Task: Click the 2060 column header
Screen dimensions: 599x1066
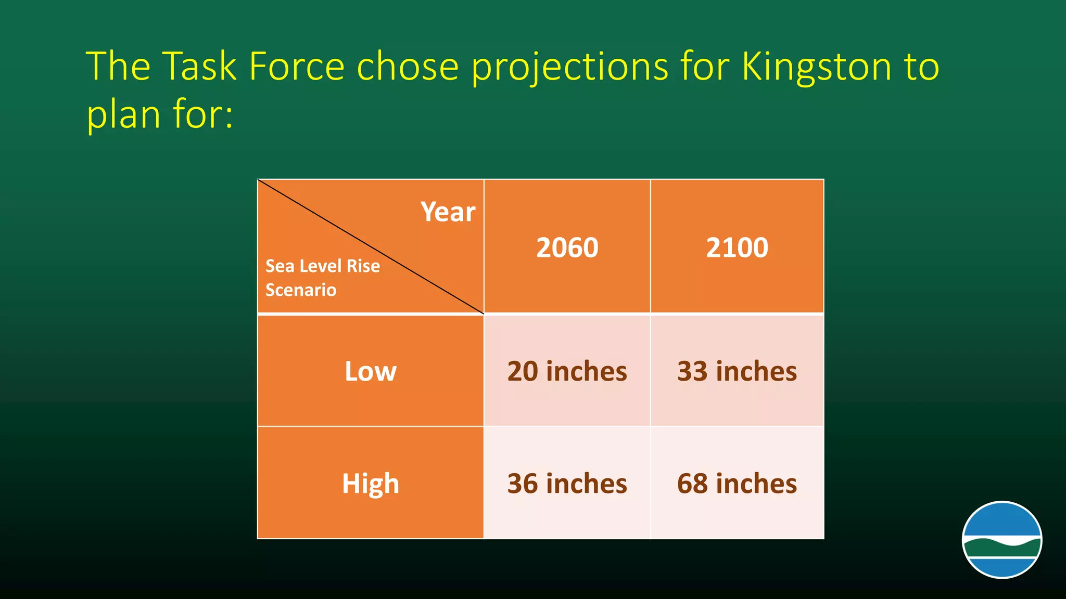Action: (567, 248)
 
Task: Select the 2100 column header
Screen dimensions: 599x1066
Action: (737, 248)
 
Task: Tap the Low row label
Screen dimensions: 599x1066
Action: (370, 371)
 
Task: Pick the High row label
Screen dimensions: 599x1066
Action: (370, 484)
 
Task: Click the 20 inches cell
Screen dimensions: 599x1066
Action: (567, 371)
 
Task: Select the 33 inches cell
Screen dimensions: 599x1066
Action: (737, 371)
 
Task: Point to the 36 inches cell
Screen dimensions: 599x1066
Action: (567, 484)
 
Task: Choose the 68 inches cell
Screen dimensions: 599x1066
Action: (737, 484)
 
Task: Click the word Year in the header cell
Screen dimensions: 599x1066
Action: (448, 212)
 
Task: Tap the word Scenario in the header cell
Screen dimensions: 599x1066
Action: (301, 290)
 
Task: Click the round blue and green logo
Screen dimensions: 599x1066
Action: (1001, 540)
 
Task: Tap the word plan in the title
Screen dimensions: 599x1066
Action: (123, 115)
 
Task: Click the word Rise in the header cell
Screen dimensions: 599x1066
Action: (363, 266)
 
